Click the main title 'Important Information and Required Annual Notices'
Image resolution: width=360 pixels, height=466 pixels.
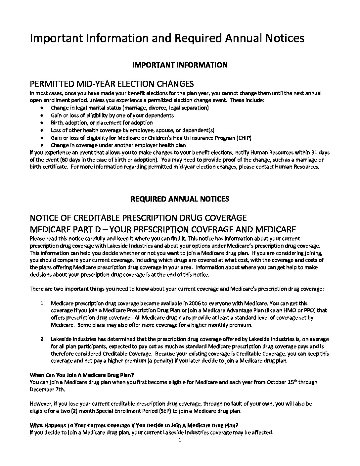coord(167,38)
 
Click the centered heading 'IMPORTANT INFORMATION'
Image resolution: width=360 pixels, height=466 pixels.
coord(180,65)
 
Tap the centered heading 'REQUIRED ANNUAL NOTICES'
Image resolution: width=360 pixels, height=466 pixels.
coord(180,199)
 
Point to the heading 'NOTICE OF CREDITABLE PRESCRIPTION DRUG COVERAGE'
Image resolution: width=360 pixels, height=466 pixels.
coord(138,218)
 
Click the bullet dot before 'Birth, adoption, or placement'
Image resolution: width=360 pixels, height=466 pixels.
coord(41,123)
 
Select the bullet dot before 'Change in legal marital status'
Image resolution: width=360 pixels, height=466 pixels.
coord(41,108)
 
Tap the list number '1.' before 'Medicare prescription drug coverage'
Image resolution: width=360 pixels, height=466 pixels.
coord(42,303)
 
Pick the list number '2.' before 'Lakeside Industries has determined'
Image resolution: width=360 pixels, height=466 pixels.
coord(42,339)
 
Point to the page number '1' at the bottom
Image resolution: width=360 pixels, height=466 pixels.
coord(180,440)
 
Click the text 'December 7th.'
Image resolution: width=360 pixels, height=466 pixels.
coord(47,389)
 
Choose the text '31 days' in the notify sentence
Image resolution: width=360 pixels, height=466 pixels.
coord(319,152)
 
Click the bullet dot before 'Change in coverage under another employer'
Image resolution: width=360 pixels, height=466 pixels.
coord(41,145)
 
